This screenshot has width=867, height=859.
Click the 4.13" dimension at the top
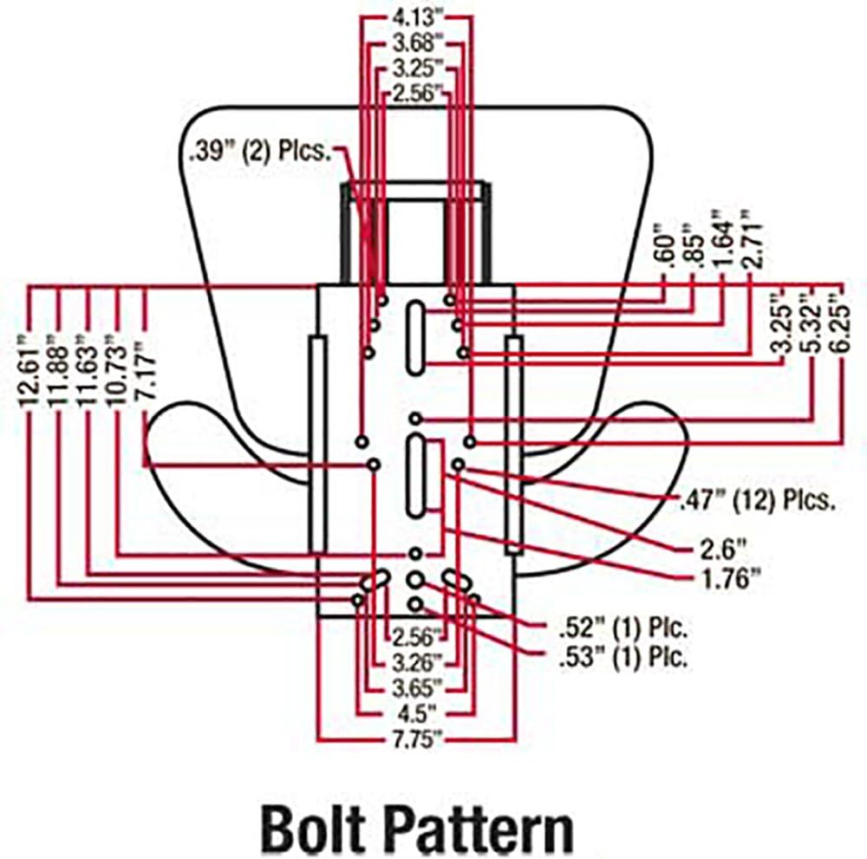click(x=418, y=17)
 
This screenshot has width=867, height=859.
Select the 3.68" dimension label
click(x=418, y=43)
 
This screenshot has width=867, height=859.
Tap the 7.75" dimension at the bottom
click(x=418, y=739)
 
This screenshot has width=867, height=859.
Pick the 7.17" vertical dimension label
click(x=146, y=370)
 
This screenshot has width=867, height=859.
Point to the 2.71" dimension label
click(x=752, y=238)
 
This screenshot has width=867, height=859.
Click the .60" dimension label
click(x=665, y=246)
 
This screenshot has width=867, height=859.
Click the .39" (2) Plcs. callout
click(x=260, y=152)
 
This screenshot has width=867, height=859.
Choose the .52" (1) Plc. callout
click(x=623, y=628)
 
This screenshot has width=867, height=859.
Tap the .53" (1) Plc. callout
click(x=623, y=658)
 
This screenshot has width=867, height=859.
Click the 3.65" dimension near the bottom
click(x=418, y=688)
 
